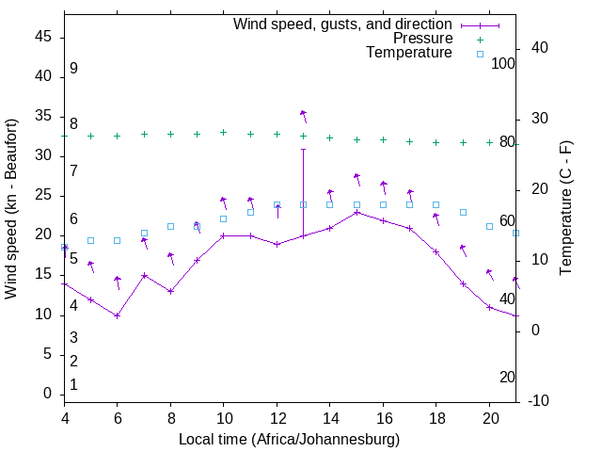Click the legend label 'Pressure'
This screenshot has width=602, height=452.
[422, 39]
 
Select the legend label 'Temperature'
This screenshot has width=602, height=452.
[409, 53]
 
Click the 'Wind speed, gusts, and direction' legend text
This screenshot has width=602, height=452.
[342, 24]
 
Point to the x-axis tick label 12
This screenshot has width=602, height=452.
[277, 418]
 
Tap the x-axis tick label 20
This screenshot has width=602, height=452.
[489, 418]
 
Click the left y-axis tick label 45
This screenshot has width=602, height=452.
[42, 37]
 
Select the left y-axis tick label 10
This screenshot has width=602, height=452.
[42, 315]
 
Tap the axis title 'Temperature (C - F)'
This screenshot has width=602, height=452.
[565, 208]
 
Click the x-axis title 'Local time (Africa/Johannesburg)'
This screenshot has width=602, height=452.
[289, 440]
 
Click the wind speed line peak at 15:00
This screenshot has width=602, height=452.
[356, 212]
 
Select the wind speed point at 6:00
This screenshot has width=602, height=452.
[118, 315]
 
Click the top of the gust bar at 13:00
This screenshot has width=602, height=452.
[303, 149]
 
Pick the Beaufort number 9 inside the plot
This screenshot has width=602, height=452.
[73, 69]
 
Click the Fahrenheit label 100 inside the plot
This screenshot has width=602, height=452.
[504, 64]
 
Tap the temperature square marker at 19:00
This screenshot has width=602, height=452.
[463, 212]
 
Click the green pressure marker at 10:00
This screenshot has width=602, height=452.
[223, 132]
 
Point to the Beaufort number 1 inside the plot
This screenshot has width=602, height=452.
[73, 385]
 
